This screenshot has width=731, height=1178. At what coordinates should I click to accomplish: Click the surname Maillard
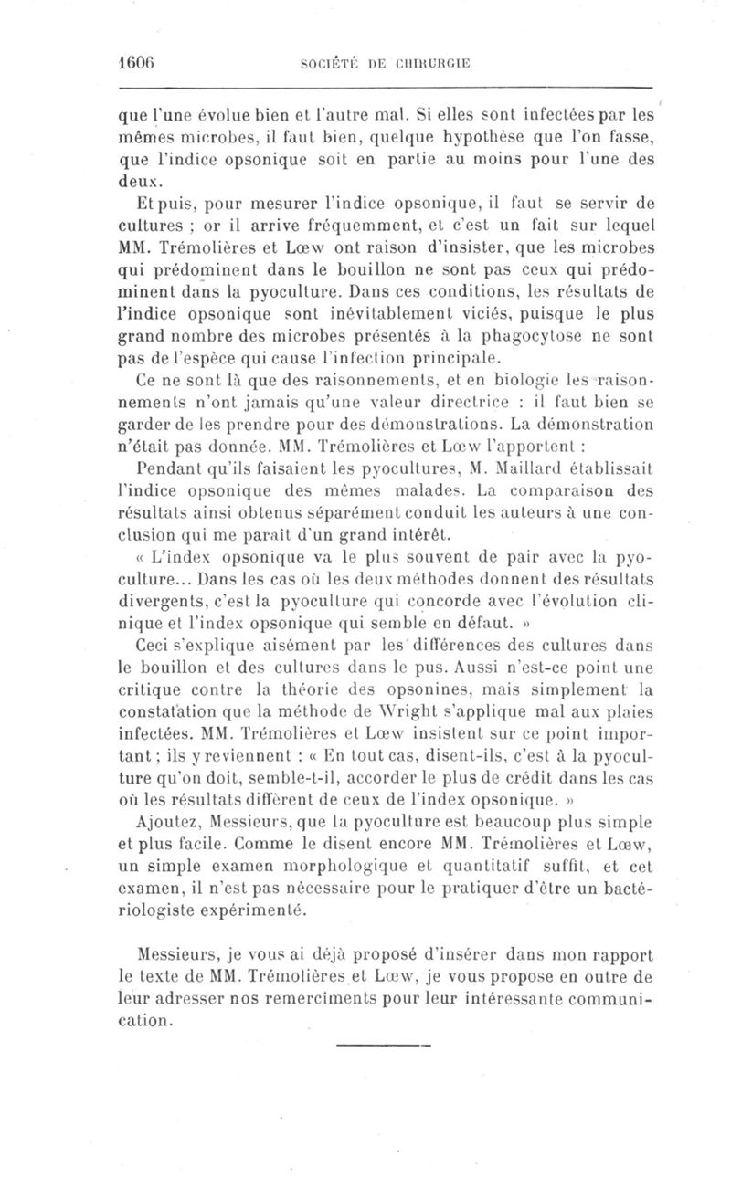573,470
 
